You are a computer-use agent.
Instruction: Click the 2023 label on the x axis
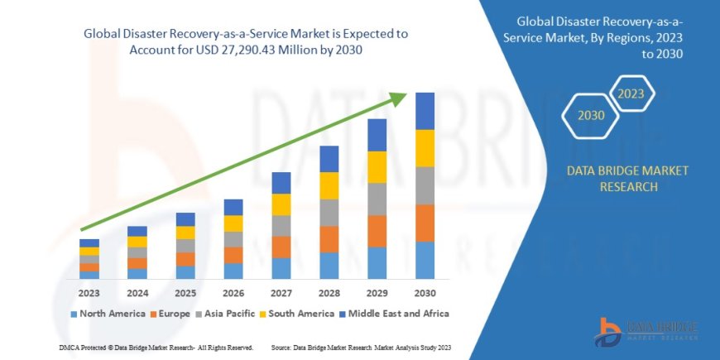pyautogui.click(x=89, y=293)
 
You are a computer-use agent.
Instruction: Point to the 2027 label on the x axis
pyautogui.click(x=281, y=293)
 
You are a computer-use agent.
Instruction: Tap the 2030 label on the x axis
pyautogui.click(x=425, y=293)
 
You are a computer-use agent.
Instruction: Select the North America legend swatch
pyautogui.click(x=74, y=314)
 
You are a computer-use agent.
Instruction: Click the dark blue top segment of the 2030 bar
pyautogui.click(x=425, y=111)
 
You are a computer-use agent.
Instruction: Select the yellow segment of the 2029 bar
pyautogui.click(x=377, y=167)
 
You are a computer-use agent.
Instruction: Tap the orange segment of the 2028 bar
pyautogui.click(x=329, y=239)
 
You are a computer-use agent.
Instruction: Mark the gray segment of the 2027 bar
pyautogui.click(x=281, y=226)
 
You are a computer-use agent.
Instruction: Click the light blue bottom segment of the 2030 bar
pyautogui.click(x=425, y=260)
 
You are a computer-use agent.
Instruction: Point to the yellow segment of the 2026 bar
pyautogui.click(x=233, y=223)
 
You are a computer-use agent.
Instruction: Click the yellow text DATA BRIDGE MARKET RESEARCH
pyautogui.click(x=626, y=179)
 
